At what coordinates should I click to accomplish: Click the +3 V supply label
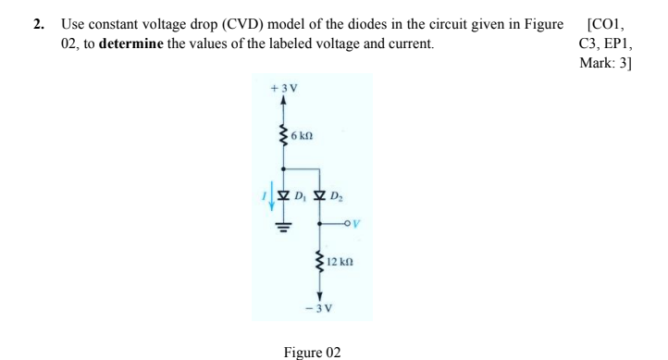click(x=282, y=89)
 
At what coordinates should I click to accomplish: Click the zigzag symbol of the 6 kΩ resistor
click(x=283, y=136)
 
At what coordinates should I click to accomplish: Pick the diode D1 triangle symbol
click(x=283, y=195)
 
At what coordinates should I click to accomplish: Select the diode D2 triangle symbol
click(x=319, y=195)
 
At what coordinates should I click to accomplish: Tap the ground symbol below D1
click(x=283, y=226)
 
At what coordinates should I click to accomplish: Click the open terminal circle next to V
click(x=344, y=222)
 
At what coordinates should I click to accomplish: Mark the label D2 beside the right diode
click(x=338, y=196)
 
